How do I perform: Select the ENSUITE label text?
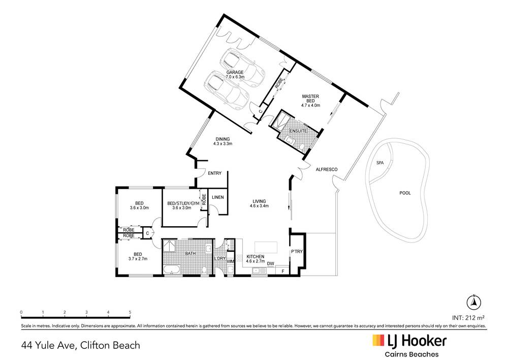(x=298, y=131)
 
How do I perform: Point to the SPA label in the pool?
(x=379, y=163)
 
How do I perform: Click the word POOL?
(x=405, y=193)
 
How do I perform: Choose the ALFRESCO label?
(x=327, y=169)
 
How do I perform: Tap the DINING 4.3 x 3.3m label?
(x=223, y=141)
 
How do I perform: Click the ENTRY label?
(x=215, y=173)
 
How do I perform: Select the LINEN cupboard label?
(x=218, y=197)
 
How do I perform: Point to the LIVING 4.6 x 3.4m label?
(x=259, y=203)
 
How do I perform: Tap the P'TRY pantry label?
(x=296, y=252)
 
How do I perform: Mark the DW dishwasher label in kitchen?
(x=271, y=263)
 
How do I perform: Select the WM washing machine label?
(x=230, y=262)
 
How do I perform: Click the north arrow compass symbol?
(x=473, y=301)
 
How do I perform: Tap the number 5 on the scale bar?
(x=130, y=312)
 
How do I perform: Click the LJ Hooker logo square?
(x=378, y=340)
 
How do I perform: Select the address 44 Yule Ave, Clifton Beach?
(x=80, y=345)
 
